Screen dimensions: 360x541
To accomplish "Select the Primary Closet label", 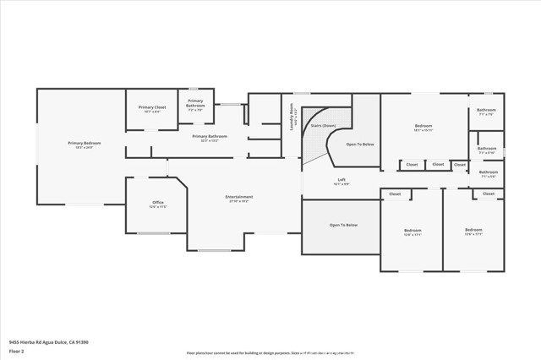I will click(x=152, y=107).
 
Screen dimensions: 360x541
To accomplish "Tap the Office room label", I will click(x=157, y=202).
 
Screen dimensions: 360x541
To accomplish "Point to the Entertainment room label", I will click(x=239, y=197).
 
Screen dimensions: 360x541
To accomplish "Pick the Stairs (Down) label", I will click(x=323, y=124).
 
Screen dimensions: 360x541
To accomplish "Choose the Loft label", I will click(x=342, y=179).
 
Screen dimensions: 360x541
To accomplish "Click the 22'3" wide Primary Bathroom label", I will click(x=210, y=135).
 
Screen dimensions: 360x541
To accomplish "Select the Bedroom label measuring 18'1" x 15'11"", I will click(x=424, y=126).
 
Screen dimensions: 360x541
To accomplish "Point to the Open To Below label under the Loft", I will click(x=342, y=225).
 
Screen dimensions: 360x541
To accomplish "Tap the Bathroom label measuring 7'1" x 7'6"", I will click(x=486, y=110).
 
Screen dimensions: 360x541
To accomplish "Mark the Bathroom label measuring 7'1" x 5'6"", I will click(x=489, y=172).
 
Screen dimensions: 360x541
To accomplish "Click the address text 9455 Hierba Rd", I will click(x=48, y=342).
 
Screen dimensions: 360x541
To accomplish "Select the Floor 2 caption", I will click(x=17, y=351).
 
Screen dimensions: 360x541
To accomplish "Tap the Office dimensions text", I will click(x=157, y=206).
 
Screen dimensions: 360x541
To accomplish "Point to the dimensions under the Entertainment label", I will click(x=239, y=201).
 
